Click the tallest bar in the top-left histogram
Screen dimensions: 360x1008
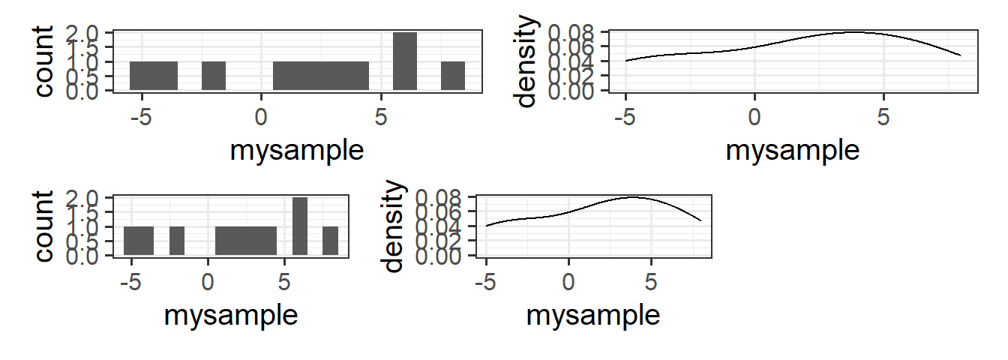tap(405, 61)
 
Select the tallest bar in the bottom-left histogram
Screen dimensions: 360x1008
tap(300, 226)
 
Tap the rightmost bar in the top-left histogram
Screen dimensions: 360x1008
tap(453, 76)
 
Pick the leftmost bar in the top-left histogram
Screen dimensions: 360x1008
tap(154, 76)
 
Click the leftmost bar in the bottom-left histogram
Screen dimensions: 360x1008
tap(139, 241)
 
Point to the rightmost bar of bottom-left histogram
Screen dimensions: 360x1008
tap(331, 241)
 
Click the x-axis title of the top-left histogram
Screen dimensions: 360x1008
tap(297, 150)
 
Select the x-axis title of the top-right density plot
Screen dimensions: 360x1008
tap(793, 150)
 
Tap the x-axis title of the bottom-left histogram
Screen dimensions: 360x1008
tap(231, 315)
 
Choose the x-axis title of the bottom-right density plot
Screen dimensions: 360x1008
tap(593, 315)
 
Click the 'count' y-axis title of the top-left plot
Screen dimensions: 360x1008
tap(45, 61)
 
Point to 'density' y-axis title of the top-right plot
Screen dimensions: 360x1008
tap(529, 61)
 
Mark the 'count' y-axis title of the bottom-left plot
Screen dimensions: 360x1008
tap(45, 226)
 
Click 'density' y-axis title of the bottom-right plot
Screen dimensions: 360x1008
tap(393, 226)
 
